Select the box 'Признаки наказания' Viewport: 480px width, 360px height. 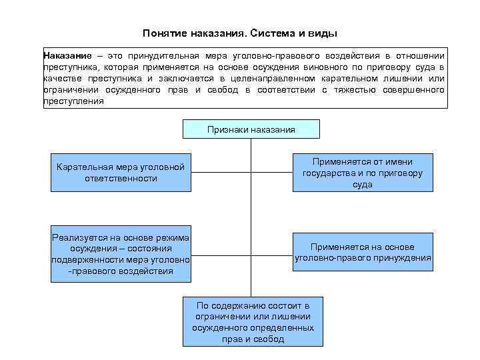pos(251,129)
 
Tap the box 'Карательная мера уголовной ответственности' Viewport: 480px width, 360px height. pos(121,172)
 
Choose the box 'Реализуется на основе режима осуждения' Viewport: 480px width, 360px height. pos(121,254)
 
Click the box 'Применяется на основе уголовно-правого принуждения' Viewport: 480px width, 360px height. pos(363,252)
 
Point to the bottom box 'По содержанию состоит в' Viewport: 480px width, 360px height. pos(253,320)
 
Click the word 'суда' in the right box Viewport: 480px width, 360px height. pos(363,185)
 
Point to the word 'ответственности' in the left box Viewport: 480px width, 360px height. pos(121,178)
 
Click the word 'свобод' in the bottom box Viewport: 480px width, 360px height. pos(266,339)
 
